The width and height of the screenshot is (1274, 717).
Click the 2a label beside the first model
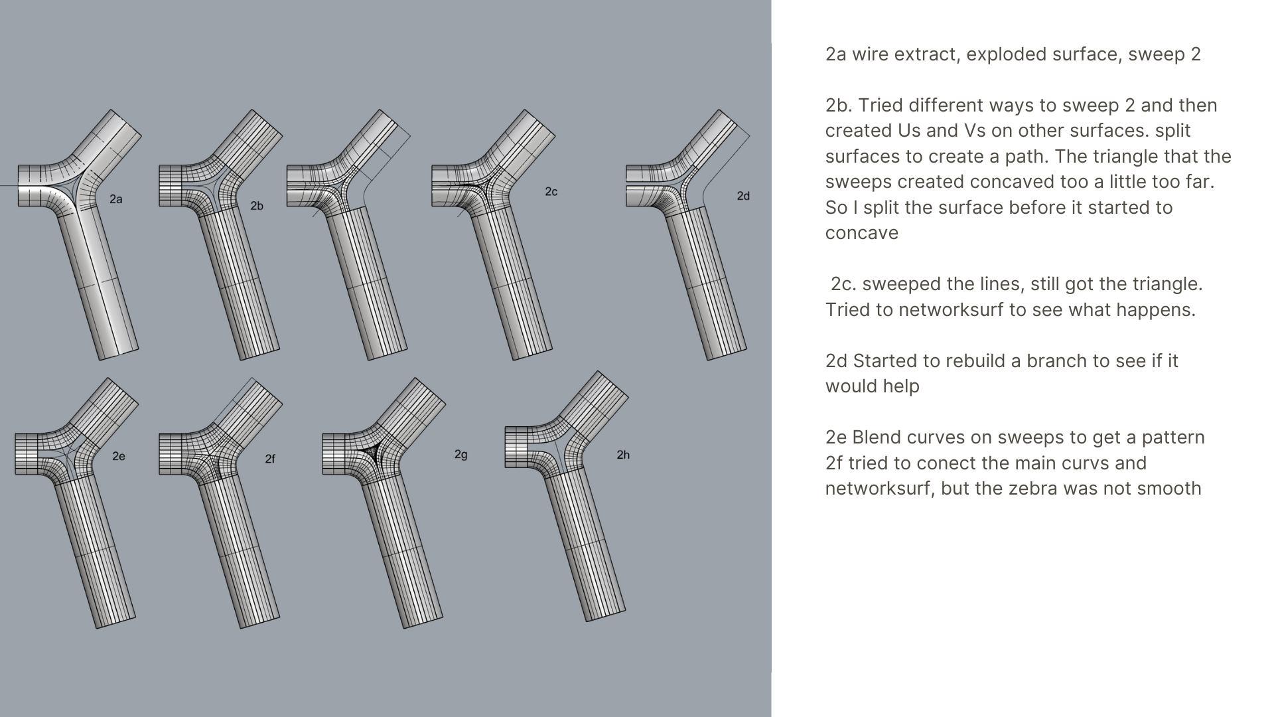coord(116,199)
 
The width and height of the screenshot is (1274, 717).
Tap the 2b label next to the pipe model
coord(257,206)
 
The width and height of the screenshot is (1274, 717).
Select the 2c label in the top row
coord(551,192)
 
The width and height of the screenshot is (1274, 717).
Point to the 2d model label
coord(743,196)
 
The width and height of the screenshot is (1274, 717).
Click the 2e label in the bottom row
coord(119,456)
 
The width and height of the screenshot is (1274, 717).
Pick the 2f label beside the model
coord(270,459)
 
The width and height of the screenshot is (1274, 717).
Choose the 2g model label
coord(461,455)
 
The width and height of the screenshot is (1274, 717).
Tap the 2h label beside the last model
coord(623,455)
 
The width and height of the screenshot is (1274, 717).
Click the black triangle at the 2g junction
coord(372,453)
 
